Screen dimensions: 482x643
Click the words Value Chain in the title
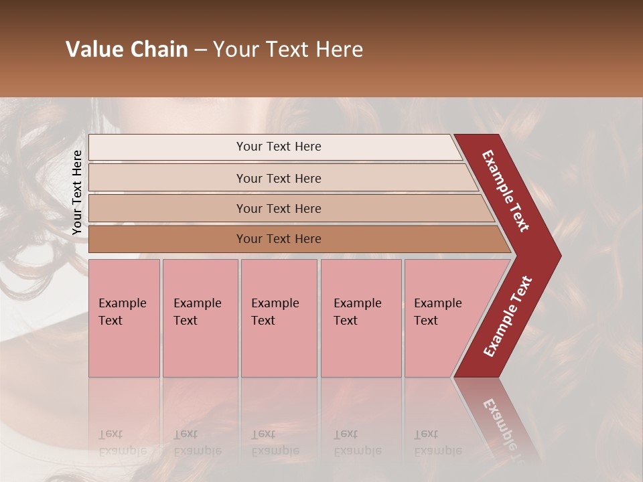[127, 50]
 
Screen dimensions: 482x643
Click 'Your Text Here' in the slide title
[288, 50]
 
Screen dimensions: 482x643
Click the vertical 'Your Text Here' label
[77, 192]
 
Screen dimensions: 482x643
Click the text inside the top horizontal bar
[279, 147]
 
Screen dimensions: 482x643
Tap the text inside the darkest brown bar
[279, 239]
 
